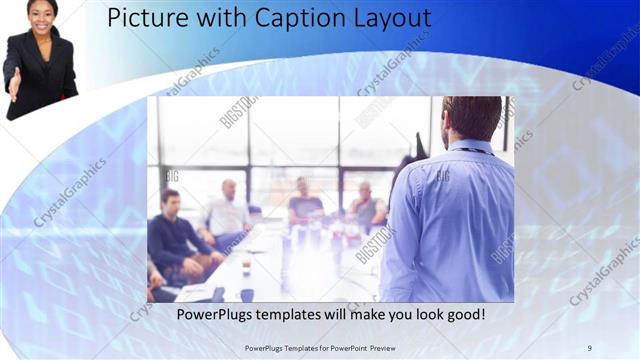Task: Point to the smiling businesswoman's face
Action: (x=41, y=13)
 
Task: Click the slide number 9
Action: (x=590, y=347)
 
